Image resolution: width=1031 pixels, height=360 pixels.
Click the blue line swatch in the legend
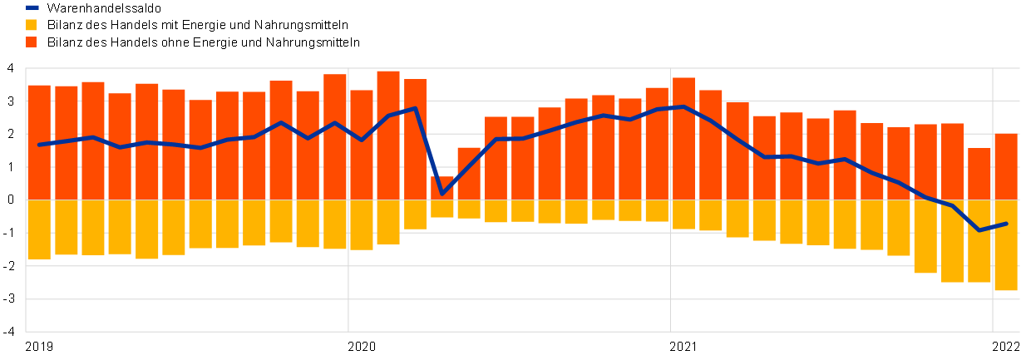32,7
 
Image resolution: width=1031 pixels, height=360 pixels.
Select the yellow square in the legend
31,25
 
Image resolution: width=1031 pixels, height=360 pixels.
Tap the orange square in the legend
31,42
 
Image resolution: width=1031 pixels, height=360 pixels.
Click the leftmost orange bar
39,141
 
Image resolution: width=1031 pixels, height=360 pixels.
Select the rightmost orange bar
1006,166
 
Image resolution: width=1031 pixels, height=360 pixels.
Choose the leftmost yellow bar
39,229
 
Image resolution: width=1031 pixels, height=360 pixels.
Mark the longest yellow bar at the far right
1006,245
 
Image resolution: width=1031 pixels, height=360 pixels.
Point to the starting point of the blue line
39,145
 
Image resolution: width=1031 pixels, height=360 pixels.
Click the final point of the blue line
1006,224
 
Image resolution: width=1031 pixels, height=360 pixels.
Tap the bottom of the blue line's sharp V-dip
442,194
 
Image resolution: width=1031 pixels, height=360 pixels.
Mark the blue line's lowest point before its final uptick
979,230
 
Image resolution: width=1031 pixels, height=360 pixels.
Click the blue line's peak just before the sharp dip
415,108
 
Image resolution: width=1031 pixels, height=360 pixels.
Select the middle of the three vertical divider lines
670,200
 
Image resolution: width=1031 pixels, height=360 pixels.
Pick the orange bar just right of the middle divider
683,138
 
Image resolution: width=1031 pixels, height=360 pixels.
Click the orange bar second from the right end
979,174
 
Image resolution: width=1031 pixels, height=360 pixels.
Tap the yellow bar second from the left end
67,227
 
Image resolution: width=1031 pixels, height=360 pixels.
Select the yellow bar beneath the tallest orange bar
388,222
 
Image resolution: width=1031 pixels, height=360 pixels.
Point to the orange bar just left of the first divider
335,136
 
